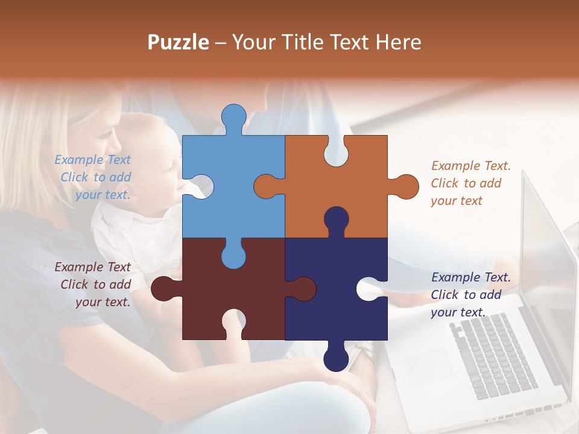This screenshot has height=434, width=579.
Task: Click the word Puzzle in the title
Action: click(179, 42)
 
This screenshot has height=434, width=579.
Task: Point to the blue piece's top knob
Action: click(233, 118)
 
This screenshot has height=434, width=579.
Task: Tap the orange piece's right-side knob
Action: click(405, 186)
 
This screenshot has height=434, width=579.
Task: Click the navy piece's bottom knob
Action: click(336, 357)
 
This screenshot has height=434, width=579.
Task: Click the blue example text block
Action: click(94, 177)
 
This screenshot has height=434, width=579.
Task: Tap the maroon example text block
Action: click(94, 285)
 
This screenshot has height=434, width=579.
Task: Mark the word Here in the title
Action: click(398, 42)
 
